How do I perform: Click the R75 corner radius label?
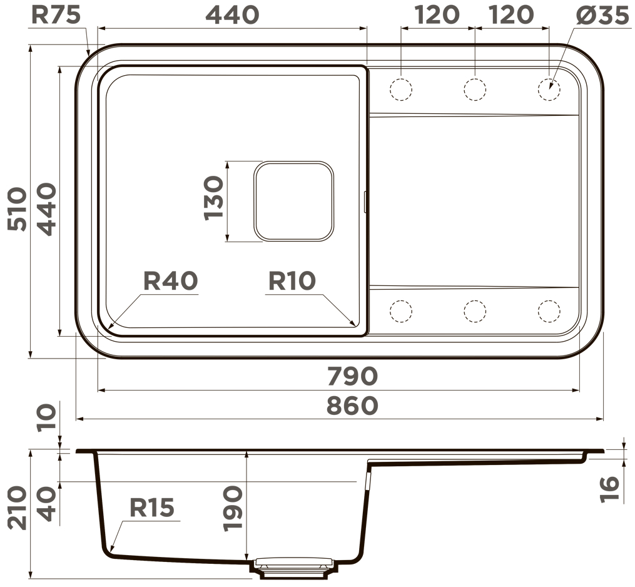[x=56, y=15]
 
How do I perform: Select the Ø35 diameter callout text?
[x=602, y=16]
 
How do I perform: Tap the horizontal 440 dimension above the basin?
[x=232, y=15]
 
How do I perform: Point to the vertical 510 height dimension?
[x=18, y=209]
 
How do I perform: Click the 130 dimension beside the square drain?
[x=213, y=198]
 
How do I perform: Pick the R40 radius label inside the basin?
[x=171, y=281]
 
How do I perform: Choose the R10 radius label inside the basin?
[x=292, y=281]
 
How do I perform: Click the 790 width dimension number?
[x=352, y=376]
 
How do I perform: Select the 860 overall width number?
[x=352, y=406]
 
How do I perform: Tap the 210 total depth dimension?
[x=18, y=508]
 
